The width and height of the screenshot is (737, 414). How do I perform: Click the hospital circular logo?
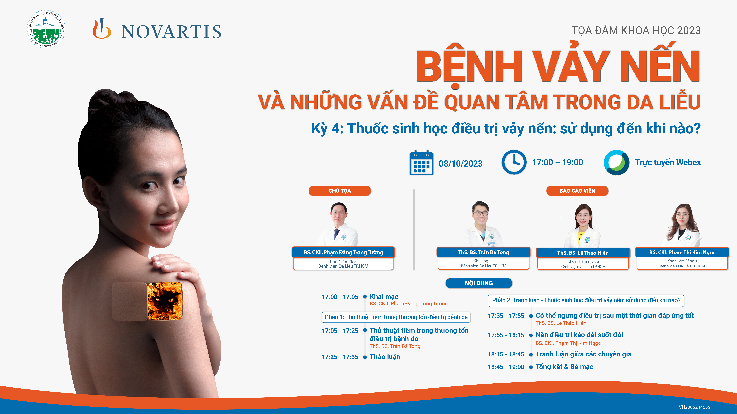(x=46, y=29)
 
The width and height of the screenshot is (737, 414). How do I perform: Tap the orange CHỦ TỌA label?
(x=340, y=191)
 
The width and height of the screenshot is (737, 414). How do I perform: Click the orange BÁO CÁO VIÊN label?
(x=577, y=191)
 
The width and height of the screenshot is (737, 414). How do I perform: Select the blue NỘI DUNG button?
(x=479, y=283)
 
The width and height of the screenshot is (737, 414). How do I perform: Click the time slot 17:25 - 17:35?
(x=340, y=357)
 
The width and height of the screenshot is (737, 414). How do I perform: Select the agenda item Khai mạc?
(x=384, y=297)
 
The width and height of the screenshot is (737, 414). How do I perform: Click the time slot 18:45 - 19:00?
(x=506, y=367)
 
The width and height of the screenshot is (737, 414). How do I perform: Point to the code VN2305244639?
(x=695, y=407)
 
